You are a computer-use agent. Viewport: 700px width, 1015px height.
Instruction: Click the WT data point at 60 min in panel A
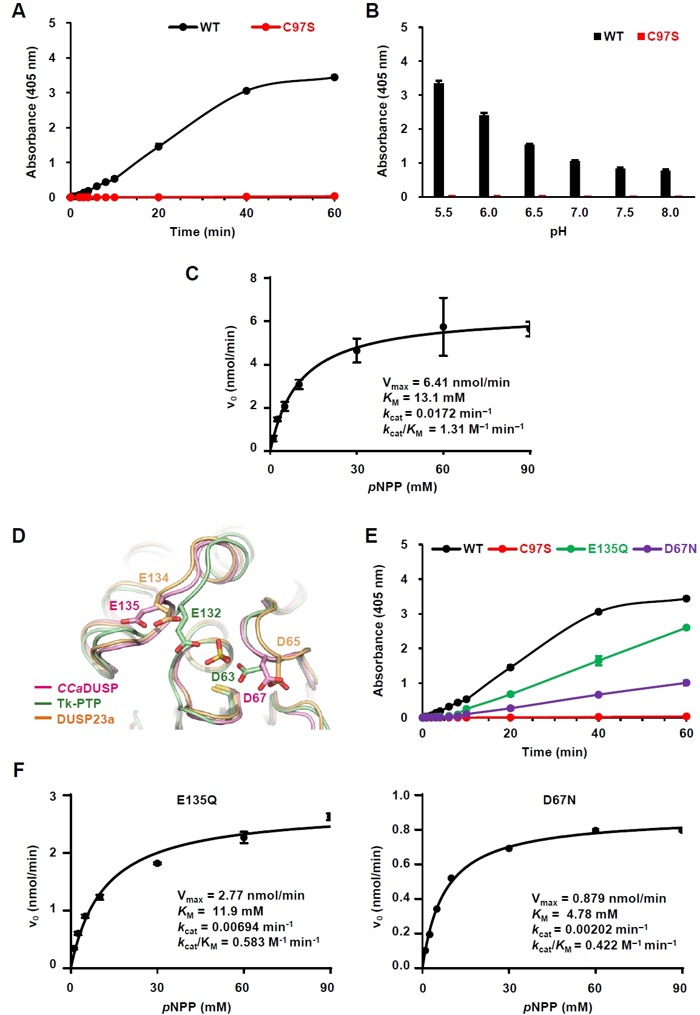pyautogui.click(x=334, y=78)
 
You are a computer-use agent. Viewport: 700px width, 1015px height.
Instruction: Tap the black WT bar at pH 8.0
pyautogui.click(x=665, y=183)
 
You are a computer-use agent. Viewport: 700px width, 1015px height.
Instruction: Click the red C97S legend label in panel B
pyautogui.click(x=663, y=36)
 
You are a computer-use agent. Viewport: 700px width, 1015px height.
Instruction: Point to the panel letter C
pyautogui.click(x=192, y=274)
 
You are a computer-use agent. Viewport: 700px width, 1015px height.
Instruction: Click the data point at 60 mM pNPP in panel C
pyautogui.click(x=443, y=327)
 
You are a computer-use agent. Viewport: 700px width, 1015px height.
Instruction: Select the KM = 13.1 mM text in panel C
pyautogui.click(x=424, y=398)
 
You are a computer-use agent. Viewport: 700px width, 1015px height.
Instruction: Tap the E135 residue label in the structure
pyautogui.click(x=124, y=605)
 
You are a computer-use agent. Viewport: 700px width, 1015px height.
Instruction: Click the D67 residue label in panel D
pyautogui.click(x=255, y=698)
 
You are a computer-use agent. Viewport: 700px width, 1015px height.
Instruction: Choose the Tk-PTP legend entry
pyautogui.click(x=79, y=703)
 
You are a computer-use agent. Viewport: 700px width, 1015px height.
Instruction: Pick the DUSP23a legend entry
pyautogui.click(x=85, y=719)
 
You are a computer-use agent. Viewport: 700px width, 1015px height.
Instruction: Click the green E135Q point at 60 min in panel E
pyautogui.click(x=686, y=628)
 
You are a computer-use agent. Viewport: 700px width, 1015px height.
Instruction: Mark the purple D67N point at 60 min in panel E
pyautogui.click(x=686, y=683)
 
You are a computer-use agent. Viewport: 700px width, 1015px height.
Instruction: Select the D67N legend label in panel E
pyautogui.click(x=680, y=549)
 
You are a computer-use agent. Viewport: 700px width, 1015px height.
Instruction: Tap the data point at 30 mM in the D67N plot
pyautogui.click(x=509, y=848)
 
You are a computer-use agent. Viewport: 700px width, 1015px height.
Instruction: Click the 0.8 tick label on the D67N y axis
pyautogui.click(x=401, y=830)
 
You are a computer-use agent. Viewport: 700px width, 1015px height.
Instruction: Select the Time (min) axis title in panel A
pyautogui.click(x=203, y=232)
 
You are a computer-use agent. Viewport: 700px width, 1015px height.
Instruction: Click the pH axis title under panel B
pyautogui.click(x=558, y=232)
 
